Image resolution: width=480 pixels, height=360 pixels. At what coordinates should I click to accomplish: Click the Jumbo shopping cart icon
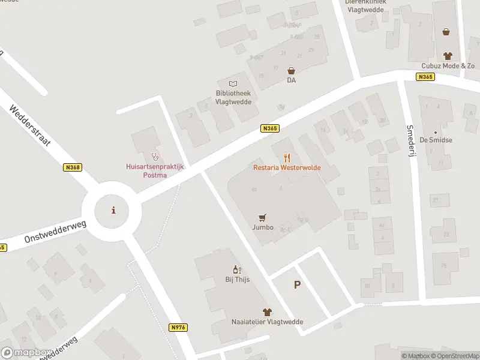pyautogui.click(x=262, y=218)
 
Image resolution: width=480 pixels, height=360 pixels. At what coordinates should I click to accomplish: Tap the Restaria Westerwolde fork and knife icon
pyautogui.click(x=287, y=158)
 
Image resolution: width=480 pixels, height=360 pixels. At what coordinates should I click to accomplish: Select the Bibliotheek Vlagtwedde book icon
pyautogui.click(x=233, y=83)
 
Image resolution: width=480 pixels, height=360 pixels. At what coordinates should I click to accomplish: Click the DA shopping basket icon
pyautogui.click(x=291, y=70)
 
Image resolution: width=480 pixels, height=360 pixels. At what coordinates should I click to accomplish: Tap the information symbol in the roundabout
pyautogui.click(x=113, y=210)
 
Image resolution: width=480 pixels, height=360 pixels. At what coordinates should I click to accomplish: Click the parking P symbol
pyautogui.click(x=297, y=285)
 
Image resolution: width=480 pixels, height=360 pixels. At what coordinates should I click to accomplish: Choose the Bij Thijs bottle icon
pyautogui.click(x=237, y=270)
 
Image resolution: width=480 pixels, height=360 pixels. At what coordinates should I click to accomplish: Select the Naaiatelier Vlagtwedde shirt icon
pyautogui.click(x=267, y=312)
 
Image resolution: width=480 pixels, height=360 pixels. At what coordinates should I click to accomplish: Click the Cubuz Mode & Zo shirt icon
pyautogui.click(x=446, y=55)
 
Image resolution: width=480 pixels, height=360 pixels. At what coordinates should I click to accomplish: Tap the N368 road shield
pyautogui.click(x=72, y=168)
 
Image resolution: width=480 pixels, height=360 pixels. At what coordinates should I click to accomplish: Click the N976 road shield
pyautogui.click(x=178, y=327)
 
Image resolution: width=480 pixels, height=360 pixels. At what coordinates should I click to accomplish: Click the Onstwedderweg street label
pyautogui.click(x=56, y=231)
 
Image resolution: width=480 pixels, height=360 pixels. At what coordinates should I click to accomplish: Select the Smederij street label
pyautogui.click(x=411, y=141)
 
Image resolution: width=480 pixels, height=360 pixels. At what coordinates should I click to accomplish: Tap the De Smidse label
pyautogui.click(x=436, y=139)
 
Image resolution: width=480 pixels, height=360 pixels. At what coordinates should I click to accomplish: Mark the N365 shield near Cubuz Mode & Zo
pyautogui.click(x=425, y=77)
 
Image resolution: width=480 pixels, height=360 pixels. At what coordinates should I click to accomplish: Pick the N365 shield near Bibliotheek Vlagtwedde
pyautogui.click(x=270, y=128)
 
